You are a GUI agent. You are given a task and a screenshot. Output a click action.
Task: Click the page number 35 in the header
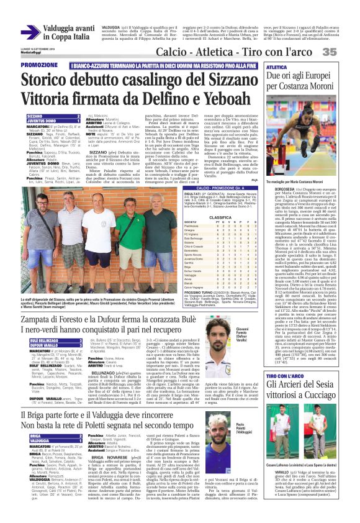[x=346, y=52]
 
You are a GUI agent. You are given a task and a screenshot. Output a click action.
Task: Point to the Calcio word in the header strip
[x=174, y=53]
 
